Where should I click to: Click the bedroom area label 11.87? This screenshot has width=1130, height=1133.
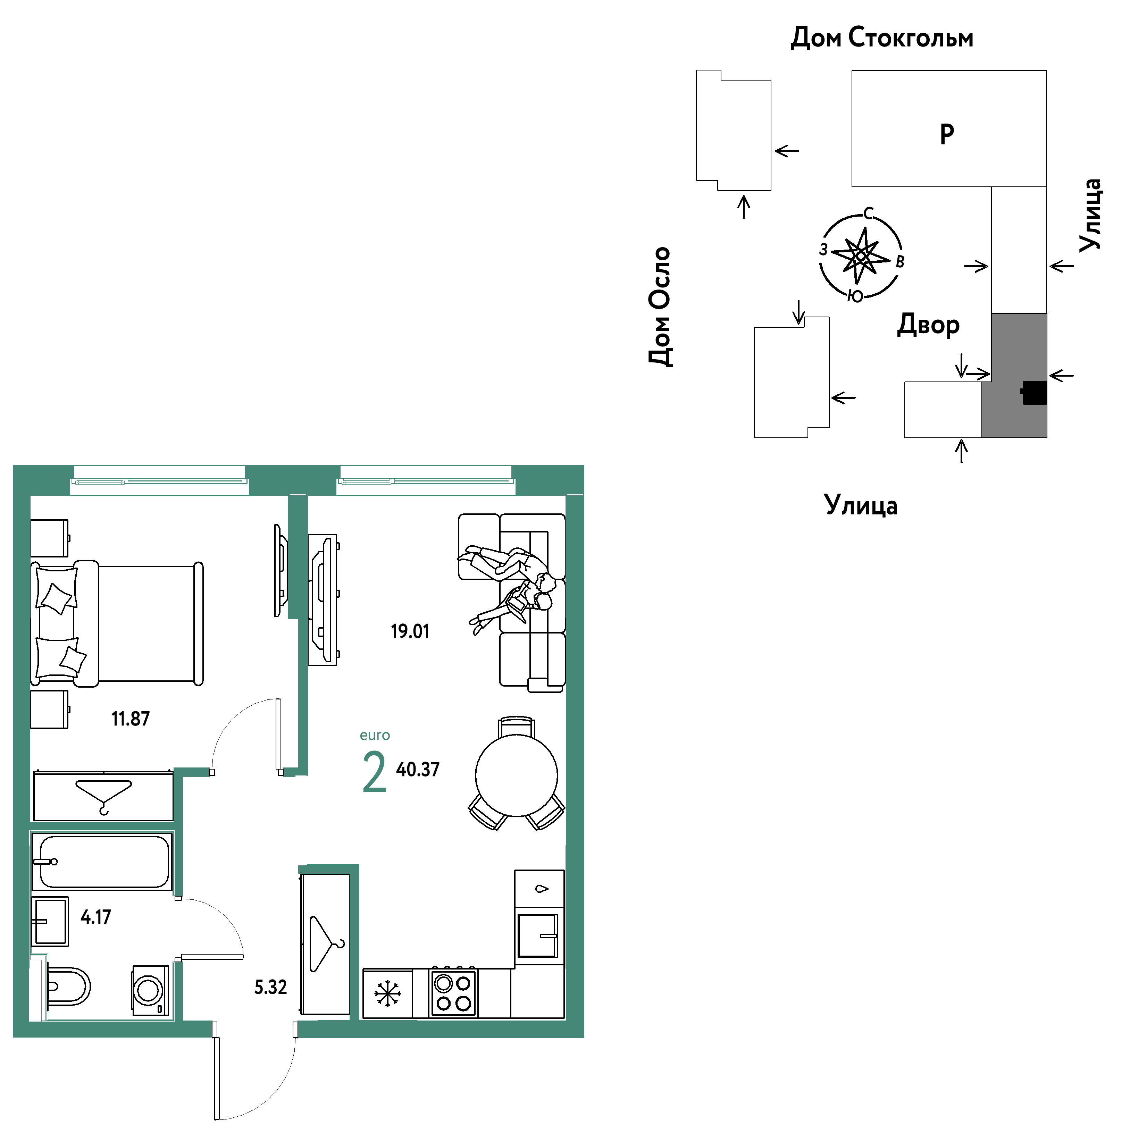(x=131, y=719)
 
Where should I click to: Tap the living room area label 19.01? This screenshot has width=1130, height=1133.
(x=410, y=632)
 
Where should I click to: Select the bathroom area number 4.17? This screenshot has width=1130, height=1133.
(x=95, y=917)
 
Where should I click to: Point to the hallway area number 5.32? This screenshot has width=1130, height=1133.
(x=270, y=988)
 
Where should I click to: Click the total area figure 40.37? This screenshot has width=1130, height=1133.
(x=418, y=770)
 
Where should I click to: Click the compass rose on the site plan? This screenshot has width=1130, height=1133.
(x=861, y=256)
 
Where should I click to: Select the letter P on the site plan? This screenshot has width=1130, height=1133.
(x=947, y=134)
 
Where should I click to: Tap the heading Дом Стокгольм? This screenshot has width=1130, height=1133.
(x=882, y=37)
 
